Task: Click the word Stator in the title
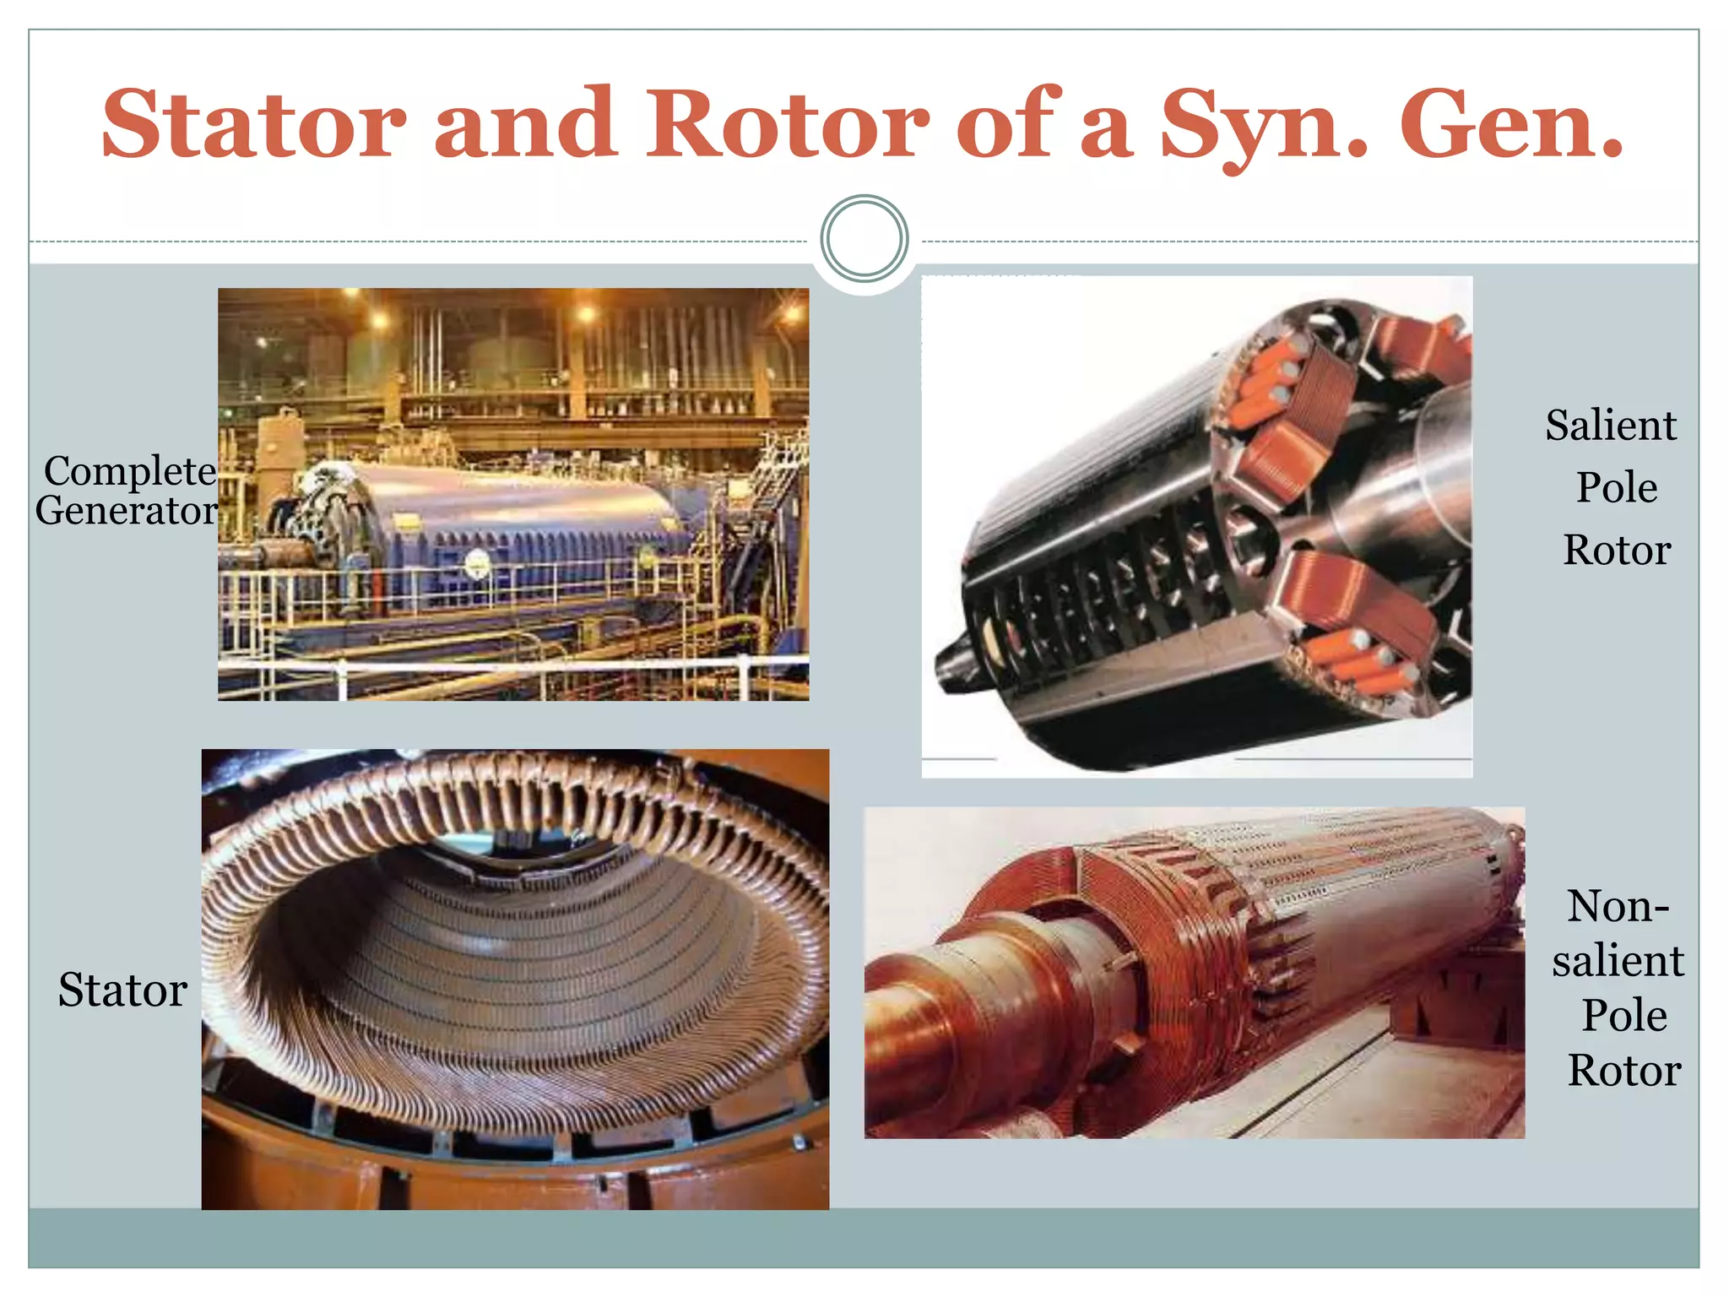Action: point(253,125)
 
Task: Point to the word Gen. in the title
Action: point(1511,125)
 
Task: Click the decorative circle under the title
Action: point(864,239)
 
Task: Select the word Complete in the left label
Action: point(130,471)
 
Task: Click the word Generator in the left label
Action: point(127,511)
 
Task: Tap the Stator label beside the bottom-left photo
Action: point(122,990)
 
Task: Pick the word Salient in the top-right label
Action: point(1611,425)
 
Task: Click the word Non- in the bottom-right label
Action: point(1618,906)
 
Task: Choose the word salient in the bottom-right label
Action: point(1618,961)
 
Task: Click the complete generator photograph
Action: point(513,494)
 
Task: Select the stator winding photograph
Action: point(515,980)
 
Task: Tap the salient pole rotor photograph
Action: point(1197,526)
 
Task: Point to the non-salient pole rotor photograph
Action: point(1194,973)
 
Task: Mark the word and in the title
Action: point(525,125)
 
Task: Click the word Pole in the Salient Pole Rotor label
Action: point(1617,487)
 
